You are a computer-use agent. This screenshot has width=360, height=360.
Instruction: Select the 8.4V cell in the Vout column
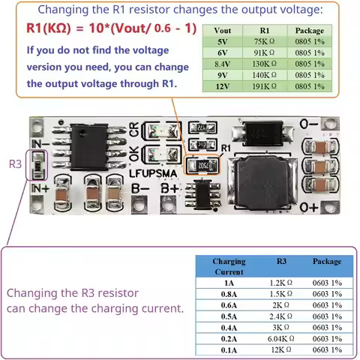tap(223, 64)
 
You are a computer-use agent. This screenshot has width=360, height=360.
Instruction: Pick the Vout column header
tap(223, 31)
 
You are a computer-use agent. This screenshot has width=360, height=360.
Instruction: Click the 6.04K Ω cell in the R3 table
tap(281, 338)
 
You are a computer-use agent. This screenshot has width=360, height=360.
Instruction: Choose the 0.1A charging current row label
tap(229, 349)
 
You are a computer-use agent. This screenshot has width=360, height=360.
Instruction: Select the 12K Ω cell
tap(281, 349)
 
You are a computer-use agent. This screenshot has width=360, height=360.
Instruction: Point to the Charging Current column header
tap(229, 266)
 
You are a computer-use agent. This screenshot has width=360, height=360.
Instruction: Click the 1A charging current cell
tap(229, 283)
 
